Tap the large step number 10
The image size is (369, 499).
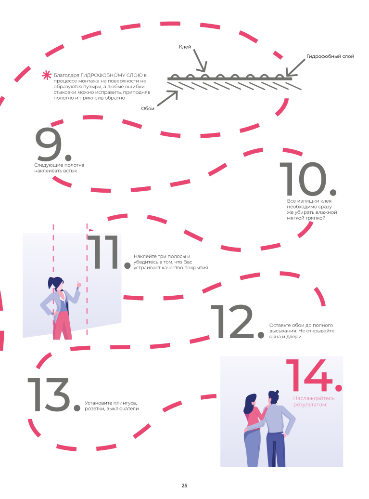pyautogui.click(x=307, y=179)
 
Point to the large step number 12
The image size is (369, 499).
pyautogui.click(x=237, y=322)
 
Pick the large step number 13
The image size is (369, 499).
pyautogui.click(x=54, y=394)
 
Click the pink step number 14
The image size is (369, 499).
pyautogui.click(x=314, y=375)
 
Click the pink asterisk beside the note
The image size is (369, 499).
pyautogui.click(x=47, y=76)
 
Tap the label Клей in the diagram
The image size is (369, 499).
pyautogui.click(x=185, y=47)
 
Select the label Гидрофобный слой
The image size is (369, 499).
pyautogui.click(x=330, y=56)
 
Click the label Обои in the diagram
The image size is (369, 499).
pyautogui.click(x=148, y=108)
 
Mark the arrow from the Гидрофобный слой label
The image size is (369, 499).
pyautogui.click(x=295, y=67)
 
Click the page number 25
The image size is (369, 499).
pyautogui.click(x=184, y=486)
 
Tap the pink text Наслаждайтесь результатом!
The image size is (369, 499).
pyautogui.click(x=314, y=401)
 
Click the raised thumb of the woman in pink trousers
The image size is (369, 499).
pyautogui.click(x=78, y=284)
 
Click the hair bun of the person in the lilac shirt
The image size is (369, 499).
pyautogui.click(x=277, y=392)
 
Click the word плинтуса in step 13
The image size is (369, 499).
pyautogui.click(x=125, y=403)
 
